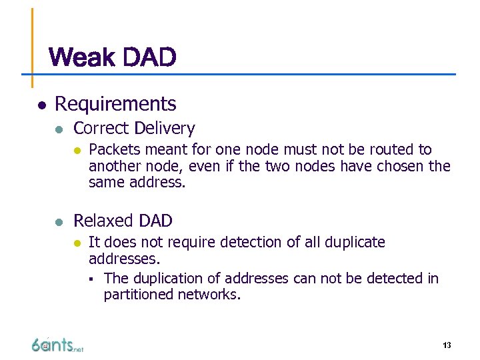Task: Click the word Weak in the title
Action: click(x=80, y=58)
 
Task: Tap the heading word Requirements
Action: click(x=115, y=104)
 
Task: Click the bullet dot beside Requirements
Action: click(x=41, y=105)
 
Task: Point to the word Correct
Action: click(x=101, y=128)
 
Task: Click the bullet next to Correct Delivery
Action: click(x=59, y=129)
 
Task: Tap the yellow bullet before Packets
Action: click(x=77, y=150)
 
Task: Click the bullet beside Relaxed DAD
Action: click(x=59, y=221)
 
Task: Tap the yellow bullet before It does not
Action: click(x=77, y=243)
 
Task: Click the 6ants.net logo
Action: click(x=57, y=344)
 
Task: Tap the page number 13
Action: click(x=447, y=345)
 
